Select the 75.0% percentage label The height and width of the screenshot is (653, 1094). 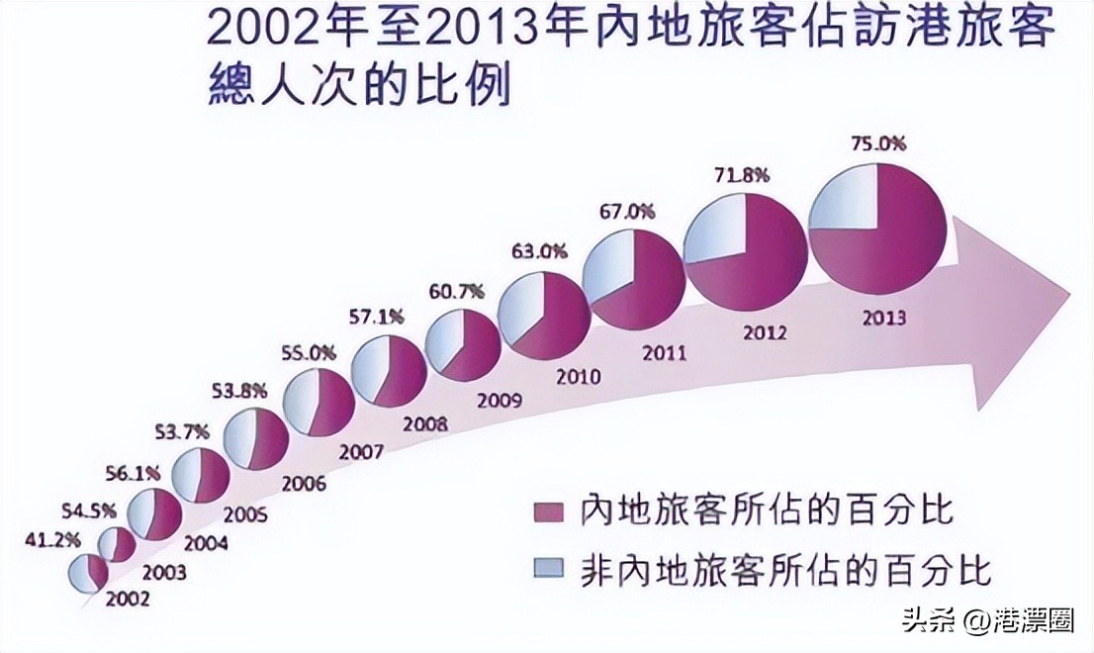878,143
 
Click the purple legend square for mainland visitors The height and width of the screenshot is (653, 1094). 547,512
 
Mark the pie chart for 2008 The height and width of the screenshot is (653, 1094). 389,370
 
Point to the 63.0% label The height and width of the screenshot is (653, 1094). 539,251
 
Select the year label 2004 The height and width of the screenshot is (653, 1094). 206,543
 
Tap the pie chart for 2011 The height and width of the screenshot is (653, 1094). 634,280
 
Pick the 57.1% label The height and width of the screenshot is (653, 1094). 379,318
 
